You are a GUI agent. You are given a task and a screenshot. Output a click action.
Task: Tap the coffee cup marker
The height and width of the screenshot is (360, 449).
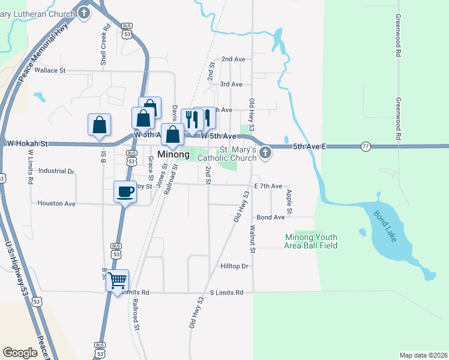[125, 192]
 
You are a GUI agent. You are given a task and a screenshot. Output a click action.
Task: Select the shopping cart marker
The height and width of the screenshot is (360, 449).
[117, 280]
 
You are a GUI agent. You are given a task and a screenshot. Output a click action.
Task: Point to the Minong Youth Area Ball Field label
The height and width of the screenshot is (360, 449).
[311, 241]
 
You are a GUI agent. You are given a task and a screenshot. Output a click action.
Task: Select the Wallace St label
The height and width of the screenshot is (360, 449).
[50, 70]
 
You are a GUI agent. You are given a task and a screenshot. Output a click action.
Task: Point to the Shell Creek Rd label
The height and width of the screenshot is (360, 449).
[104, 45]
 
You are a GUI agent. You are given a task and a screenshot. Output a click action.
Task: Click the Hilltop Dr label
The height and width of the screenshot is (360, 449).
[234, 266]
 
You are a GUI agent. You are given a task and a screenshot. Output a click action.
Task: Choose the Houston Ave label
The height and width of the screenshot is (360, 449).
[56, 203]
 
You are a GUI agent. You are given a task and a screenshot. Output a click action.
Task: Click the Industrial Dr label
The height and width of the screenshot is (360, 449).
[56, 171]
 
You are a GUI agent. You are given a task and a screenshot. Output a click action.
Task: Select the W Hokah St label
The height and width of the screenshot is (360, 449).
[26, 144]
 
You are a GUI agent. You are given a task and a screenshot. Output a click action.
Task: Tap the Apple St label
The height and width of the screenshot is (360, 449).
[289, 202]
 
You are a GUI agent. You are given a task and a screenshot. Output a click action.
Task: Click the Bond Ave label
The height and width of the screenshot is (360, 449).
[270, 217]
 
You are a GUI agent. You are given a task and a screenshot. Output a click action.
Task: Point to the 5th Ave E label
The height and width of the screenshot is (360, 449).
[309, 146]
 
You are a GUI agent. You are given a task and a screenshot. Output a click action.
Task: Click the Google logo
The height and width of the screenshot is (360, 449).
[21, 353]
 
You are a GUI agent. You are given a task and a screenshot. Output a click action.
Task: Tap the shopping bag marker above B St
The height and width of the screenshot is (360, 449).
[99, 125]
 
